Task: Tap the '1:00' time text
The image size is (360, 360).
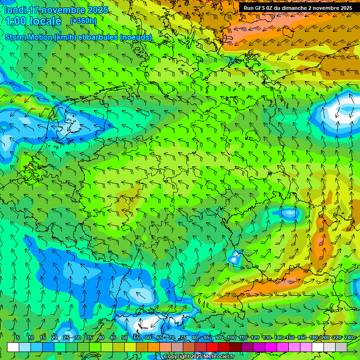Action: [x=18, y=21]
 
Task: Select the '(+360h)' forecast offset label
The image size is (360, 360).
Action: [x=83, y=21]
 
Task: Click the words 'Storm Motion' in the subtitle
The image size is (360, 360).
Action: [x=28, y=37]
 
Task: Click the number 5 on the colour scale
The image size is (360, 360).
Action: [x=18, y=337]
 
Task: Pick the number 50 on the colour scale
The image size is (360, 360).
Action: [x=125, y=337]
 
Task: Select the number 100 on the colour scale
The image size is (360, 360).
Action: [x=232, y=337]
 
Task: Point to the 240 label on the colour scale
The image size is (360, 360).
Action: [x=349, y=337]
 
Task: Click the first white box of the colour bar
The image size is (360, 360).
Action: [x=13, y=347]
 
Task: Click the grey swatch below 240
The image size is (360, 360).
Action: [x=341, y=347]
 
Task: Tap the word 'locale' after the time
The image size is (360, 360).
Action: [x=47, y=21]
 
